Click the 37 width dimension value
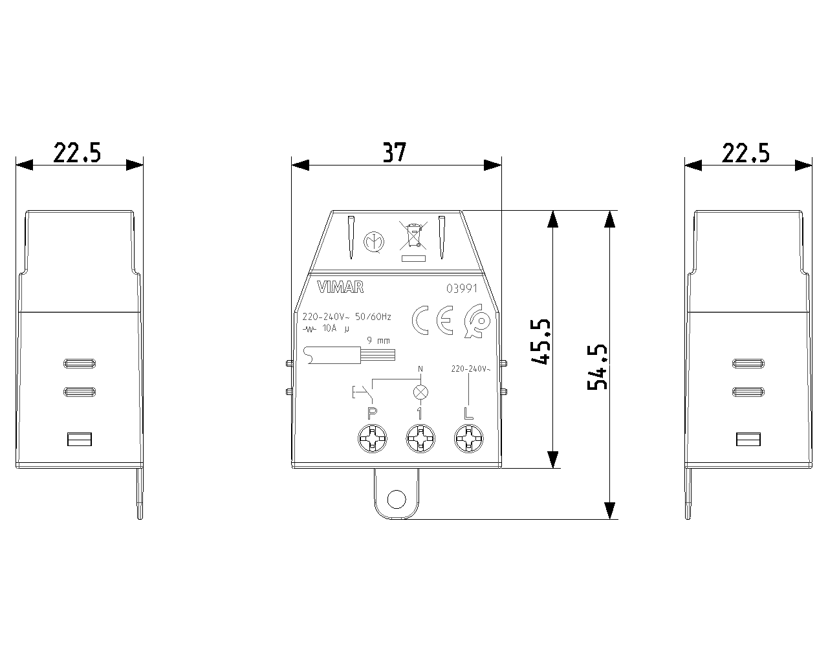click(395, 152)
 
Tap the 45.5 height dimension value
click(541, 341)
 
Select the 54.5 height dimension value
click(597, 367)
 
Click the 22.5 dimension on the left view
click(77, 153)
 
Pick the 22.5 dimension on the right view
click(746, 153)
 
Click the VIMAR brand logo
click(340, 287)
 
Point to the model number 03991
click(462, 288)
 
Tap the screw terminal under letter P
click(373, 438)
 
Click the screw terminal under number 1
click(420, 438)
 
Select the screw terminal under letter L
click(468, 438)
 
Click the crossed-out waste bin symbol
click(413, 235)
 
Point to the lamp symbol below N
click(420, 392)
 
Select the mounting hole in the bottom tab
click(397, 499)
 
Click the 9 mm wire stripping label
click(378, 341)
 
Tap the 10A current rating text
click(329, 328)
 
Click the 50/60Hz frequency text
click(373, 317)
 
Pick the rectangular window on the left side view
click(80, 439)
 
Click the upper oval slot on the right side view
click(748, 363)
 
